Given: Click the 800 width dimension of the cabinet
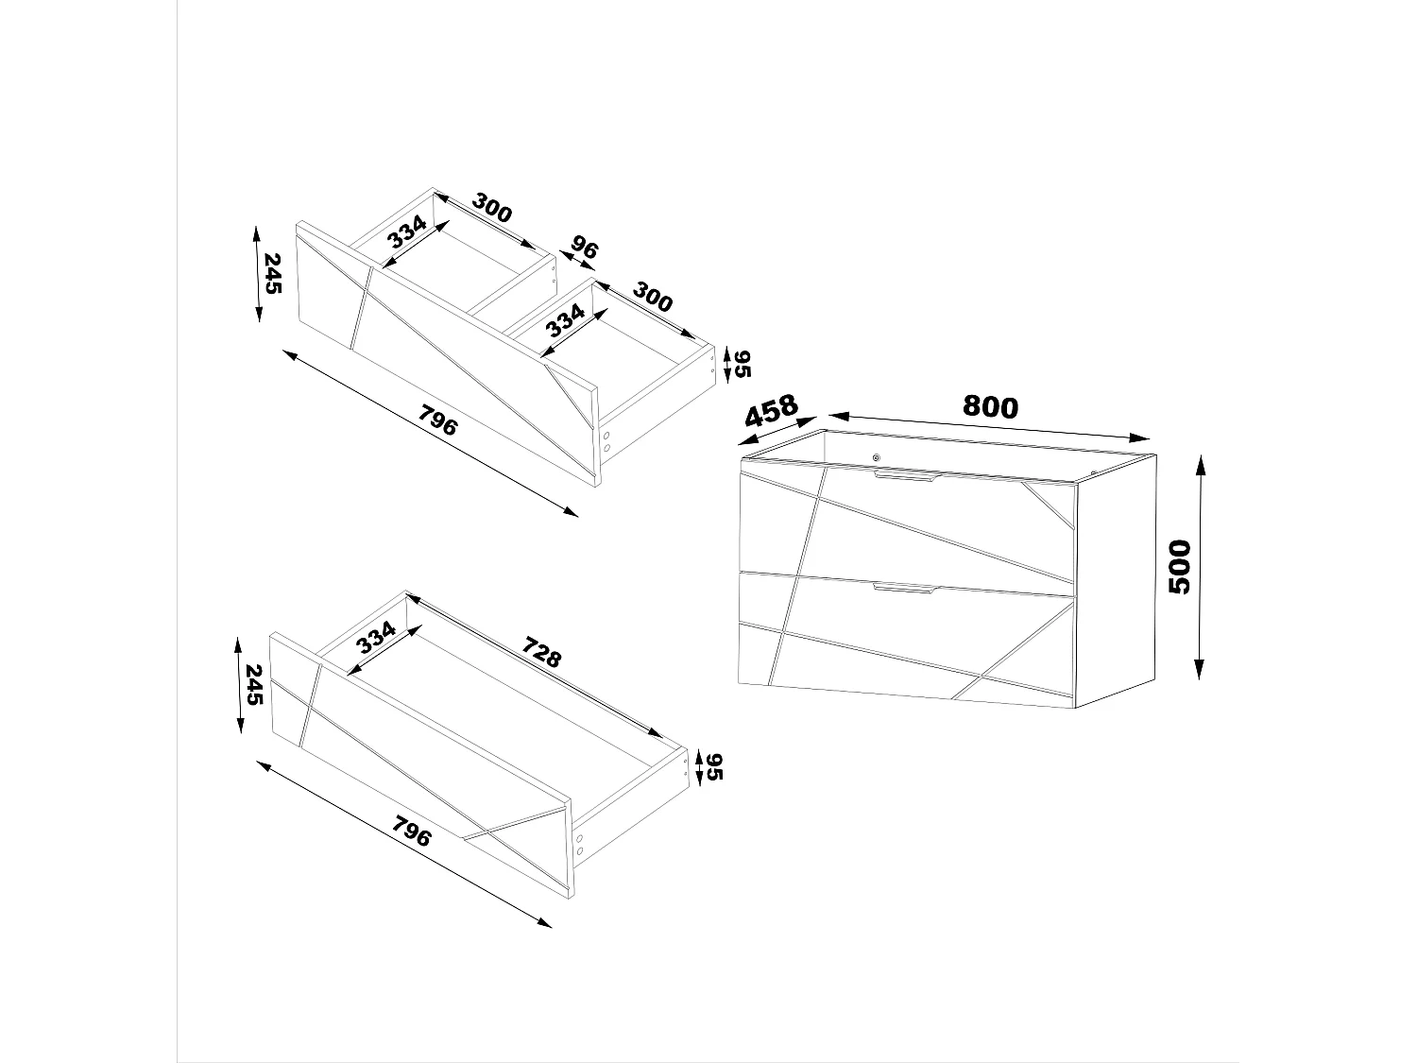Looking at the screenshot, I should click(990, 406).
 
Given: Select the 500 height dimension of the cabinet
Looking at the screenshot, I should click(1180, 566).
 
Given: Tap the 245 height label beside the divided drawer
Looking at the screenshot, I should click(272, 273).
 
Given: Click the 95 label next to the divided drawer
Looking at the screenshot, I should click(743, 364).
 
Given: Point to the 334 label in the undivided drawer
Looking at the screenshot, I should click(375, 641).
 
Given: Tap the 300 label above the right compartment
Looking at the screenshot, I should click(652, 297).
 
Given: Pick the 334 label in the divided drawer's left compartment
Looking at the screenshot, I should click(406, 232).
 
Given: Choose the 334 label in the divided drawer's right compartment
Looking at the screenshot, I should click(566, 321).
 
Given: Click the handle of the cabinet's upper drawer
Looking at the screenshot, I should click(904, 478).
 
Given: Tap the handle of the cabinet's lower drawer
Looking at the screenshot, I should click(903, 589).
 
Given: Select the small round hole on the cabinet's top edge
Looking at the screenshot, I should click(877, 458).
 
